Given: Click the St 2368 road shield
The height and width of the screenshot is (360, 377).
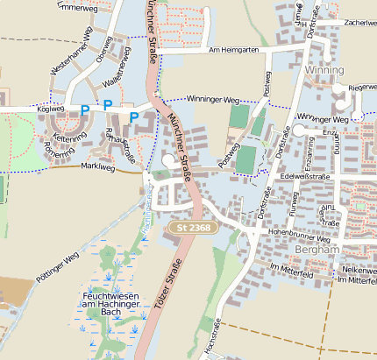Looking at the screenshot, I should click(188, 228).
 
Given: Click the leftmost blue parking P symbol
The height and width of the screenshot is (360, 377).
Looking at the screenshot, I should click(84, 109).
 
